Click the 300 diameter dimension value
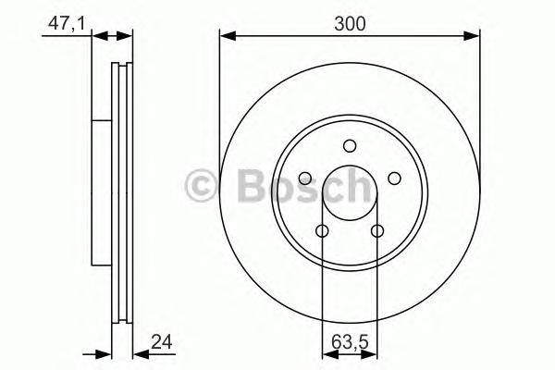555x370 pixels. (350, 24)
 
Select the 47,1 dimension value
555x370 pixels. (67, 24)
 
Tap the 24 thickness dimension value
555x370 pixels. (161, 342)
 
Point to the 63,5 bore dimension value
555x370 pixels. (350, 342)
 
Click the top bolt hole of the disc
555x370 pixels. (350, 146)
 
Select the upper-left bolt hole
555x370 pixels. (305, 179)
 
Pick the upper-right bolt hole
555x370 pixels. (394, 179)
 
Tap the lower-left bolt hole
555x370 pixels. (322, 231)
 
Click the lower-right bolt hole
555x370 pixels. (377, 231)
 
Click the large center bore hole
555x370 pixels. (350, 193)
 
